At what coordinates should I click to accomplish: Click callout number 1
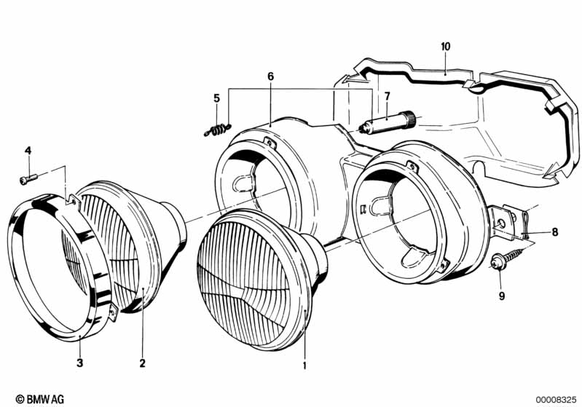click(304, 365)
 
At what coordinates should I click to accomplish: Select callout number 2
click(143, 363)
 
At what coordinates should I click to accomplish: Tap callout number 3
click(80, 363)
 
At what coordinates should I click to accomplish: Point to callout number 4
click(28, 151)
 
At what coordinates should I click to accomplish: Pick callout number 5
click(217, 98)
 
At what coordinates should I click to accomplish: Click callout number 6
click(270, 76)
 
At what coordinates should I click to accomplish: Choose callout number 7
click(388, 96)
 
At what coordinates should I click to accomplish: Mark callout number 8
click(555, 232)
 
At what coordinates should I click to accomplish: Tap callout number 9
click(502, 296)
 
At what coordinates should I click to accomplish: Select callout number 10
click(446, 47)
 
